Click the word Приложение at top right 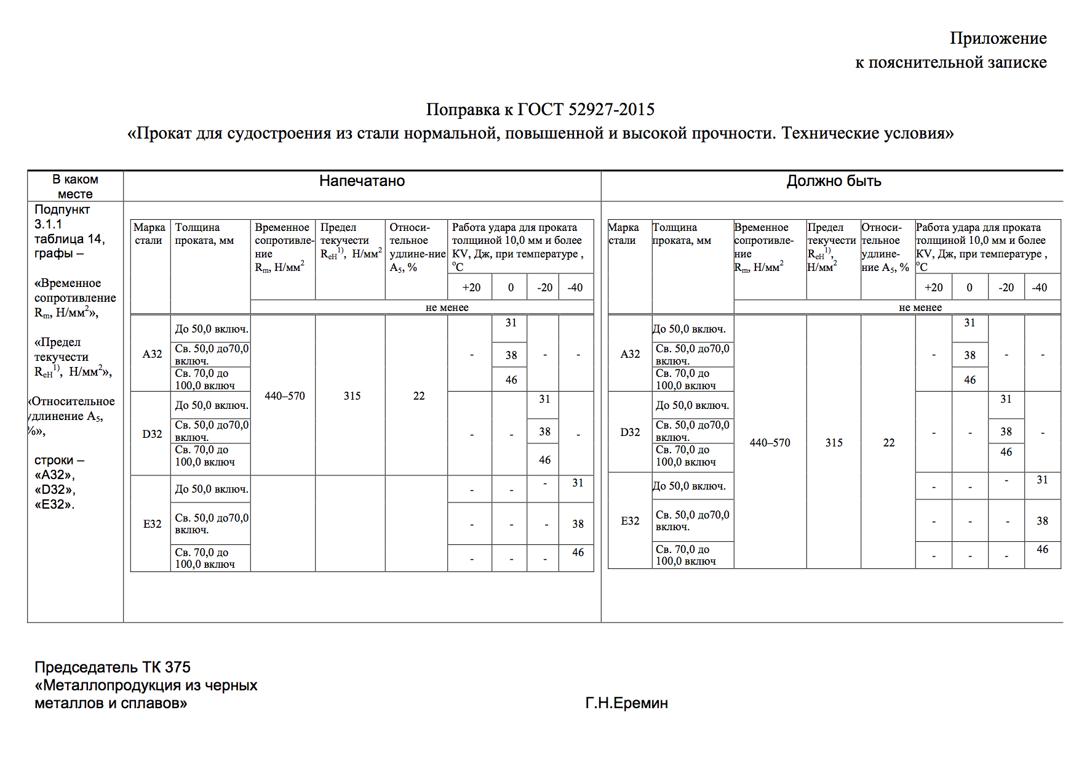(998, 38)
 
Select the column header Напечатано (362, 181)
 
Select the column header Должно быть (834, 181)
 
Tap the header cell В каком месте (75, 186)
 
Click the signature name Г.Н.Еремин (626, 703)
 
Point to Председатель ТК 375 (113, 667)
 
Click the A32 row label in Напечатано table (152, 354)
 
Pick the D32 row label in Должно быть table (630, 432)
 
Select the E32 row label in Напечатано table (152, 524)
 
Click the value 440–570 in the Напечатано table (284, 396)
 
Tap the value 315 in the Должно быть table (834, 443)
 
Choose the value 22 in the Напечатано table (418, 396)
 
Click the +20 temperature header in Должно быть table (933, 288)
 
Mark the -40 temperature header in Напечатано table (575, 288)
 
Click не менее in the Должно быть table (920, 307)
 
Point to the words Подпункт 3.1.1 (62, 216)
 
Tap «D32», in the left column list (55, 490)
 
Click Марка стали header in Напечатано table (149, 234)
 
